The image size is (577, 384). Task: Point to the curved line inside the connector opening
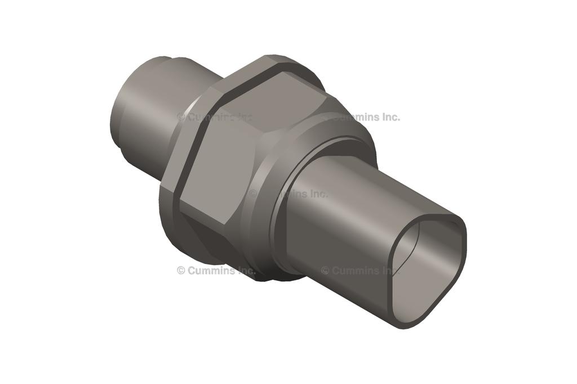click(414, 248)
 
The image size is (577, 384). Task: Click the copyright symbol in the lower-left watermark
click(181, 270)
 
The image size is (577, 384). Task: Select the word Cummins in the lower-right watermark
click(355, 270)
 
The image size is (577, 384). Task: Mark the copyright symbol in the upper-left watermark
click(181, 117)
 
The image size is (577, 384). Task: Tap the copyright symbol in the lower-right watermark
click(325, 270)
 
